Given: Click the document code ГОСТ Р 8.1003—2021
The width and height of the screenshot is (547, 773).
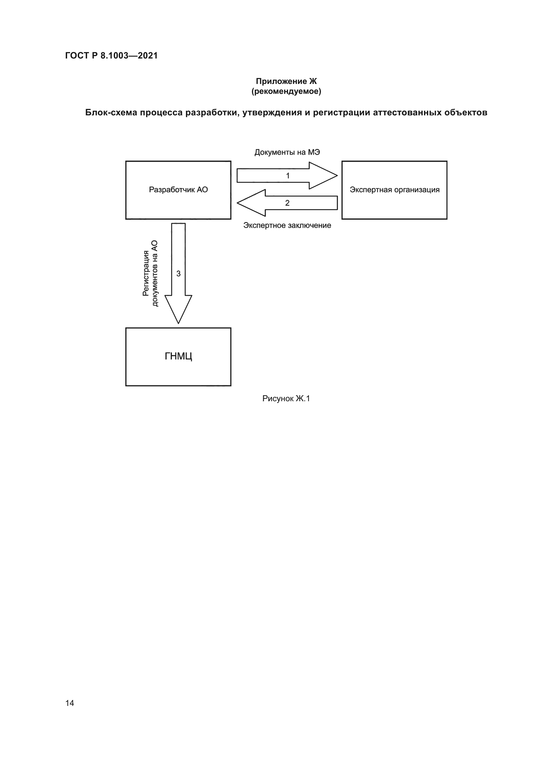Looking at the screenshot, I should click(111, 56).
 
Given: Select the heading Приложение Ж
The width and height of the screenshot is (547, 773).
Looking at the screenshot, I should click(286, 81).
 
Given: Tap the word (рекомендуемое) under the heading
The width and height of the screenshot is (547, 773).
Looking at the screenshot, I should click(286, 91).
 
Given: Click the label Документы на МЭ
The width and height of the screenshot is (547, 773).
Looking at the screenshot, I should click(287, 152).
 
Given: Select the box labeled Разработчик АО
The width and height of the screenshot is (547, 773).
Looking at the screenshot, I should click(178, 190).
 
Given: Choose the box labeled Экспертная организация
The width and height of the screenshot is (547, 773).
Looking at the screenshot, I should click(394, 190).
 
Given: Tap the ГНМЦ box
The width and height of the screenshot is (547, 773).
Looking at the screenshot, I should click(178, 357).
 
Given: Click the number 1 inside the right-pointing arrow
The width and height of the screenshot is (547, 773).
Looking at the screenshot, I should click(288, 176).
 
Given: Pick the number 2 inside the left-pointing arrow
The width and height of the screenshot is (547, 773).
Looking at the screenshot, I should click(287, 203).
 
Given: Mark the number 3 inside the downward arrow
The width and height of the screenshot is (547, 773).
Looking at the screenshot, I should click(179, 274).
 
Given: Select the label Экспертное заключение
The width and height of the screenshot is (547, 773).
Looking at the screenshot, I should click(287, 225).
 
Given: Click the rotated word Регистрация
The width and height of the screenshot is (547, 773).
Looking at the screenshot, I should click(146, 273).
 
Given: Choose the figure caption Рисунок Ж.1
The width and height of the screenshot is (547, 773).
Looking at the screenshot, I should click(286, 399).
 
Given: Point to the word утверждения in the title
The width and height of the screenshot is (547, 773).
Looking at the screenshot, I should click(272, 112).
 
